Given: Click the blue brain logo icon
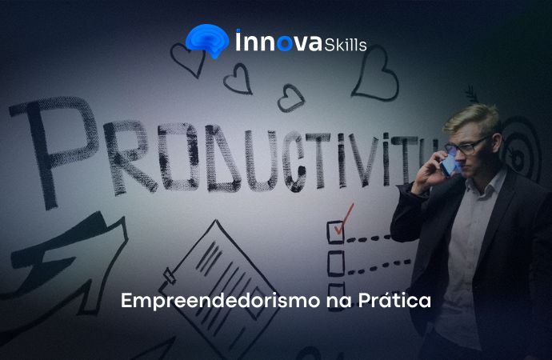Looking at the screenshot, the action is point(207,40).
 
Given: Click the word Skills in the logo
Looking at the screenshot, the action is point(346,45).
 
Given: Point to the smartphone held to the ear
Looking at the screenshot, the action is point(449,166).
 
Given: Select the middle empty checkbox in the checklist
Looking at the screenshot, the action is point(335,263).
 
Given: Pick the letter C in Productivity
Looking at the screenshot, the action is point(294,162).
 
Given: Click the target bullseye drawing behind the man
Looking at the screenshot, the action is point(519,152).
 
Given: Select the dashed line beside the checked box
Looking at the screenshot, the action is point(369,238).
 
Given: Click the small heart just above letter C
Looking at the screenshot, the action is point(290,98).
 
